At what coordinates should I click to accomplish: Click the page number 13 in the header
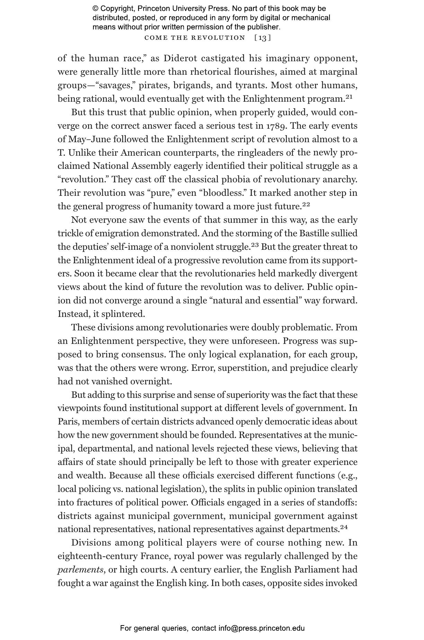[263, 38]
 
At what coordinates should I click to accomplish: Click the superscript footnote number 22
[306, 204]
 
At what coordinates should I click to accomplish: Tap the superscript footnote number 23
[255, 245]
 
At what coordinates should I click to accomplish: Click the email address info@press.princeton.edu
[261, 628]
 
